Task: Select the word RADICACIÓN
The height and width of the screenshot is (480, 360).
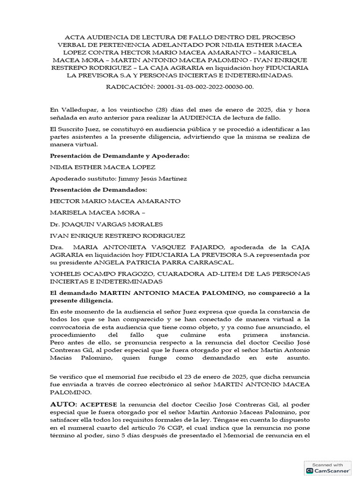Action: point(127,87)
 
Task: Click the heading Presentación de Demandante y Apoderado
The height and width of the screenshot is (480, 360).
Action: point(120,156)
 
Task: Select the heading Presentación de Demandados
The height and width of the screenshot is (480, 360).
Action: point(98,189)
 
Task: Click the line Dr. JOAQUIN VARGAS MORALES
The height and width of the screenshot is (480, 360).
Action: point(106,224)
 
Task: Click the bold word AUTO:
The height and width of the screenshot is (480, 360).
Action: point(64,404)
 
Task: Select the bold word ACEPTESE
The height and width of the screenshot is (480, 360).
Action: point(99,405)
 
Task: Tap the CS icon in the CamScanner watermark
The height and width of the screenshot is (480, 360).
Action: point(310,470)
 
